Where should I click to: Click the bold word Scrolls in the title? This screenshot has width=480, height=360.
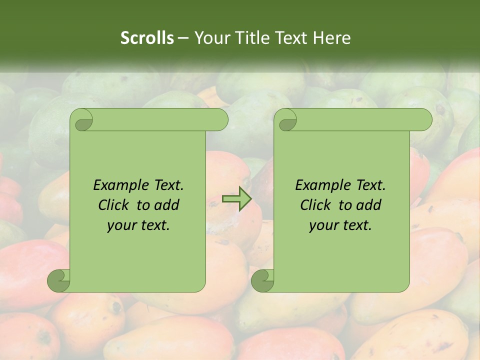pos(147,38)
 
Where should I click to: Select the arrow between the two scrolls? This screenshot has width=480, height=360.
pos(236,199)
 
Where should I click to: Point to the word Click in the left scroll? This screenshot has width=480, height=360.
pos(115,205)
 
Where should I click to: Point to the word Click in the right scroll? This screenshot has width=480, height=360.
pos(317,205)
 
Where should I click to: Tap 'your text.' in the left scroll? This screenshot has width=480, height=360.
pos(138,225)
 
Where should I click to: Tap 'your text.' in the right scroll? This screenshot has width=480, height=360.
pos(340,225)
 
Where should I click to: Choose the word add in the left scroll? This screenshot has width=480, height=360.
pos(167,205)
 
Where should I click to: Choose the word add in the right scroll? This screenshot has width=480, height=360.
pos(369,205)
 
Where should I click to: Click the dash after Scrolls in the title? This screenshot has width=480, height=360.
pos(183,38)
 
